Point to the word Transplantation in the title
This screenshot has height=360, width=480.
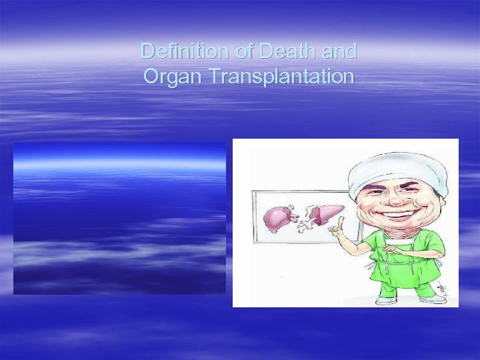[x=281, y=76]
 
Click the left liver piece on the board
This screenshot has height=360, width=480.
[x=277, y=216]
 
